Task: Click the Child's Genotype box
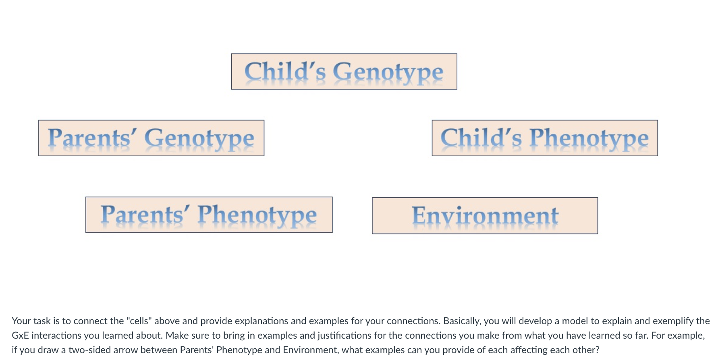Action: tap(344, 72)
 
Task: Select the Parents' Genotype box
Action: tap(151, 138)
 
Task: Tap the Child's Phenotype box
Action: tap(544, 138)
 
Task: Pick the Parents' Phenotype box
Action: tap(209, 215)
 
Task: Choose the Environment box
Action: tap(485, 216)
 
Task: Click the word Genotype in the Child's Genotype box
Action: tap(388, 72)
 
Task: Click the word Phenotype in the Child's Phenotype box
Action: tap(589, 139)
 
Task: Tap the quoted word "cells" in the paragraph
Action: tap(139, 321)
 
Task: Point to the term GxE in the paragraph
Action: tap(20, 335)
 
